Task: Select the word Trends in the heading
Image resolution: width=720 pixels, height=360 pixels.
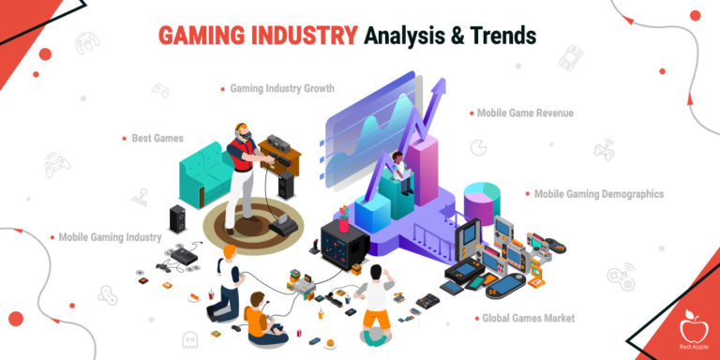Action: click(x=502, y=36)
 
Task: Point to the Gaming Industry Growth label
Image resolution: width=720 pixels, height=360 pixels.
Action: click(x=281, y=88)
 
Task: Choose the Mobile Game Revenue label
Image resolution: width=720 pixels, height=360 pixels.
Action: click(x=524, y=113)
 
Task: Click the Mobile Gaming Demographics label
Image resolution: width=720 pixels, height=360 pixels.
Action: click(x=598, y=194)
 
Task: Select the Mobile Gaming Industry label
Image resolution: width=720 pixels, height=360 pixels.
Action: click(x=110, y=237)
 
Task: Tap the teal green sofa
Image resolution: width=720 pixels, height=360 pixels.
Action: click(x=206, y=169)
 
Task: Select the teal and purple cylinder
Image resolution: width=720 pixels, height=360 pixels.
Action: click(x=479, y=202)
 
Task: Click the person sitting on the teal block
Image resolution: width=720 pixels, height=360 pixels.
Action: click(x=401, y=172)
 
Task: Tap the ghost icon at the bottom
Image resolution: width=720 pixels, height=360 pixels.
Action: click(x=190, y=339)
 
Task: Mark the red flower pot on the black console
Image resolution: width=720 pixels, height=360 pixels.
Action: click(x=344, y=221)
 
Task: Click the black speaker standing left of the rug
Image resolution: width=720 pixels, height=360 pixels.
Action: click(x=177, y=219)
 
